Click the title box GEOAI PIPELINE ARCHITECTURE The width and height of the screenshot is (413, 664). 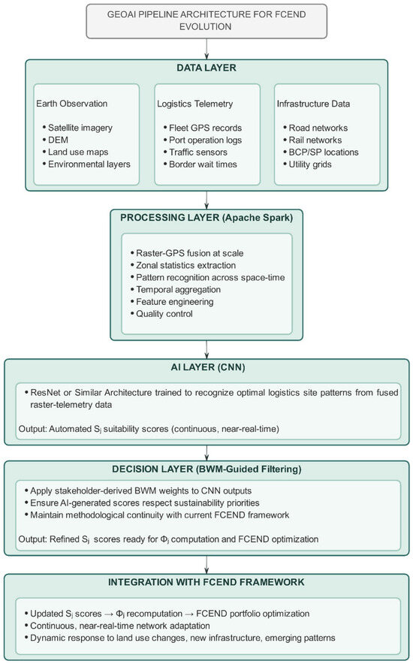pyautogui.click(x=206, y=21)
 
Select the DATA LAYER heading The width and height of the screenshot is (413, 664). pyautogui.click(x=206, y=68)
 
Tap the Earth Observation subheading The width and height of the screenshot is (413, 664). pyautogui.click(x=72, y=104)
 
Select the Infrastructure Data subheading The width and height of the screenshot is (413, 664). pyautogui.click(x=314, y=104)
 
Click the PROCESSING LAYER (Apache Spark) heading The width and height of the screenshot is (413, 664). pyautogui.click(x=206, y=218)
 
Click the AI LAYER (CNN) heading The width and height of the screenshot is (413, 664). pyautogui.click(x=207, y=367)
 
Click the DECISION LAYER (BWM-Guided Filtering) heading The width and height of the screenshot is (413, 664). pyautogui.click(x=206, y=469)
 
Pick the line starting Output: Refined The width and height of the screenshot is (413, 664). pyautogui.click(x=168, y=539)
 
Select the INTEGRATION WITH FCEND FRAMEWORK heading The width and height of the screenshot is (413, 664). pyautogui.click(x=206, y=582)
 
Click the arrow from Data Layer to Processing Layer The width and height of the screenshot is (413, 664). pyautogui.click(x=206, y=200)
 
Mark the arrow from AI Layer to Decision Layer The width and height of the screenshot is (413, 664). pyautogui.click(x=206, y=453)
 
